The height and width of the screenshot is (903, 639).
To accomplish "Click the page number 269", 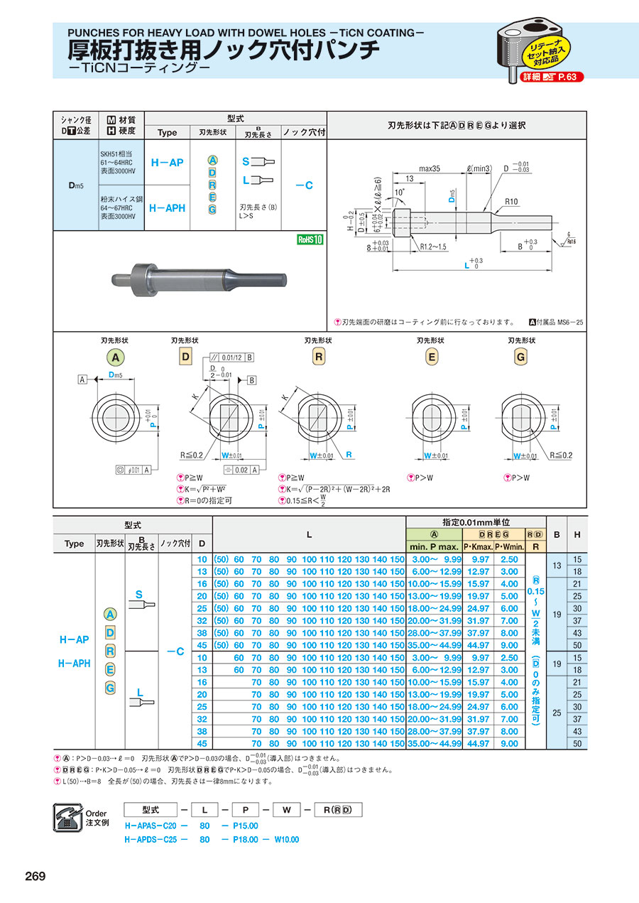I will [35, 876].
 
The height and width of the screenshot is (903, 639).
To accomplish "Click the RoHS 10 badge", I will [310, 239].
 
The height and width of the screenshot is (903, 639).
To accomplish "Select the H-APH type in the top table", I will [167, 208].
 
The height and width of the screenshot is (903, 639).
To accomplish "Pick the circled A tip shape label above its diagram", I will [114, 357].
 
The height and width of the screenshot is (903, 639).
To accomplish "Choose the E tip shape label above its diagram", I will [431, 357].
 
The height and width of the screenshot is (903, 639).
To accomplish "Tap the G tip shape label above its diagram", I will [520, 357].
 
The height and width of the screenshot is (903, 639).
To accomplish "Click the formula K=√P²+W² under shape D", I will [207, 489].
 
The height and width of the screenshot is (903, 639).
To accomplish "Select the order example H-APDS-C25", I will [151, 839].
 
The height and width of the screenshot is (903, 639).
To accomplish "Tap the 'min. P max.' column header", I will [433, 546].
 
